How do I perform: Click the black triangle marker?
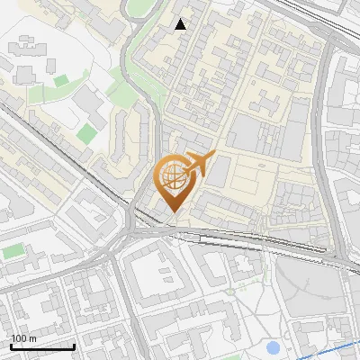pos(181,24)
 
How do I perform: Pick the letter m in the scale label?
pos(32,338)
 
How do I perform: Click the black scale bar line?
pos(42,346)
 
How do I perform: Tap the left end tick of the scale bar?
pos(11,345)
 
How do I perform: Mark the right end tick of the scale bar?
pos(74,345)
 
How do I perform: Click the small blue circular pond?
pos(274,347)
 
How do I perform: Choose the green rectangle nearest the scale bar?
pos(13,253)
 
